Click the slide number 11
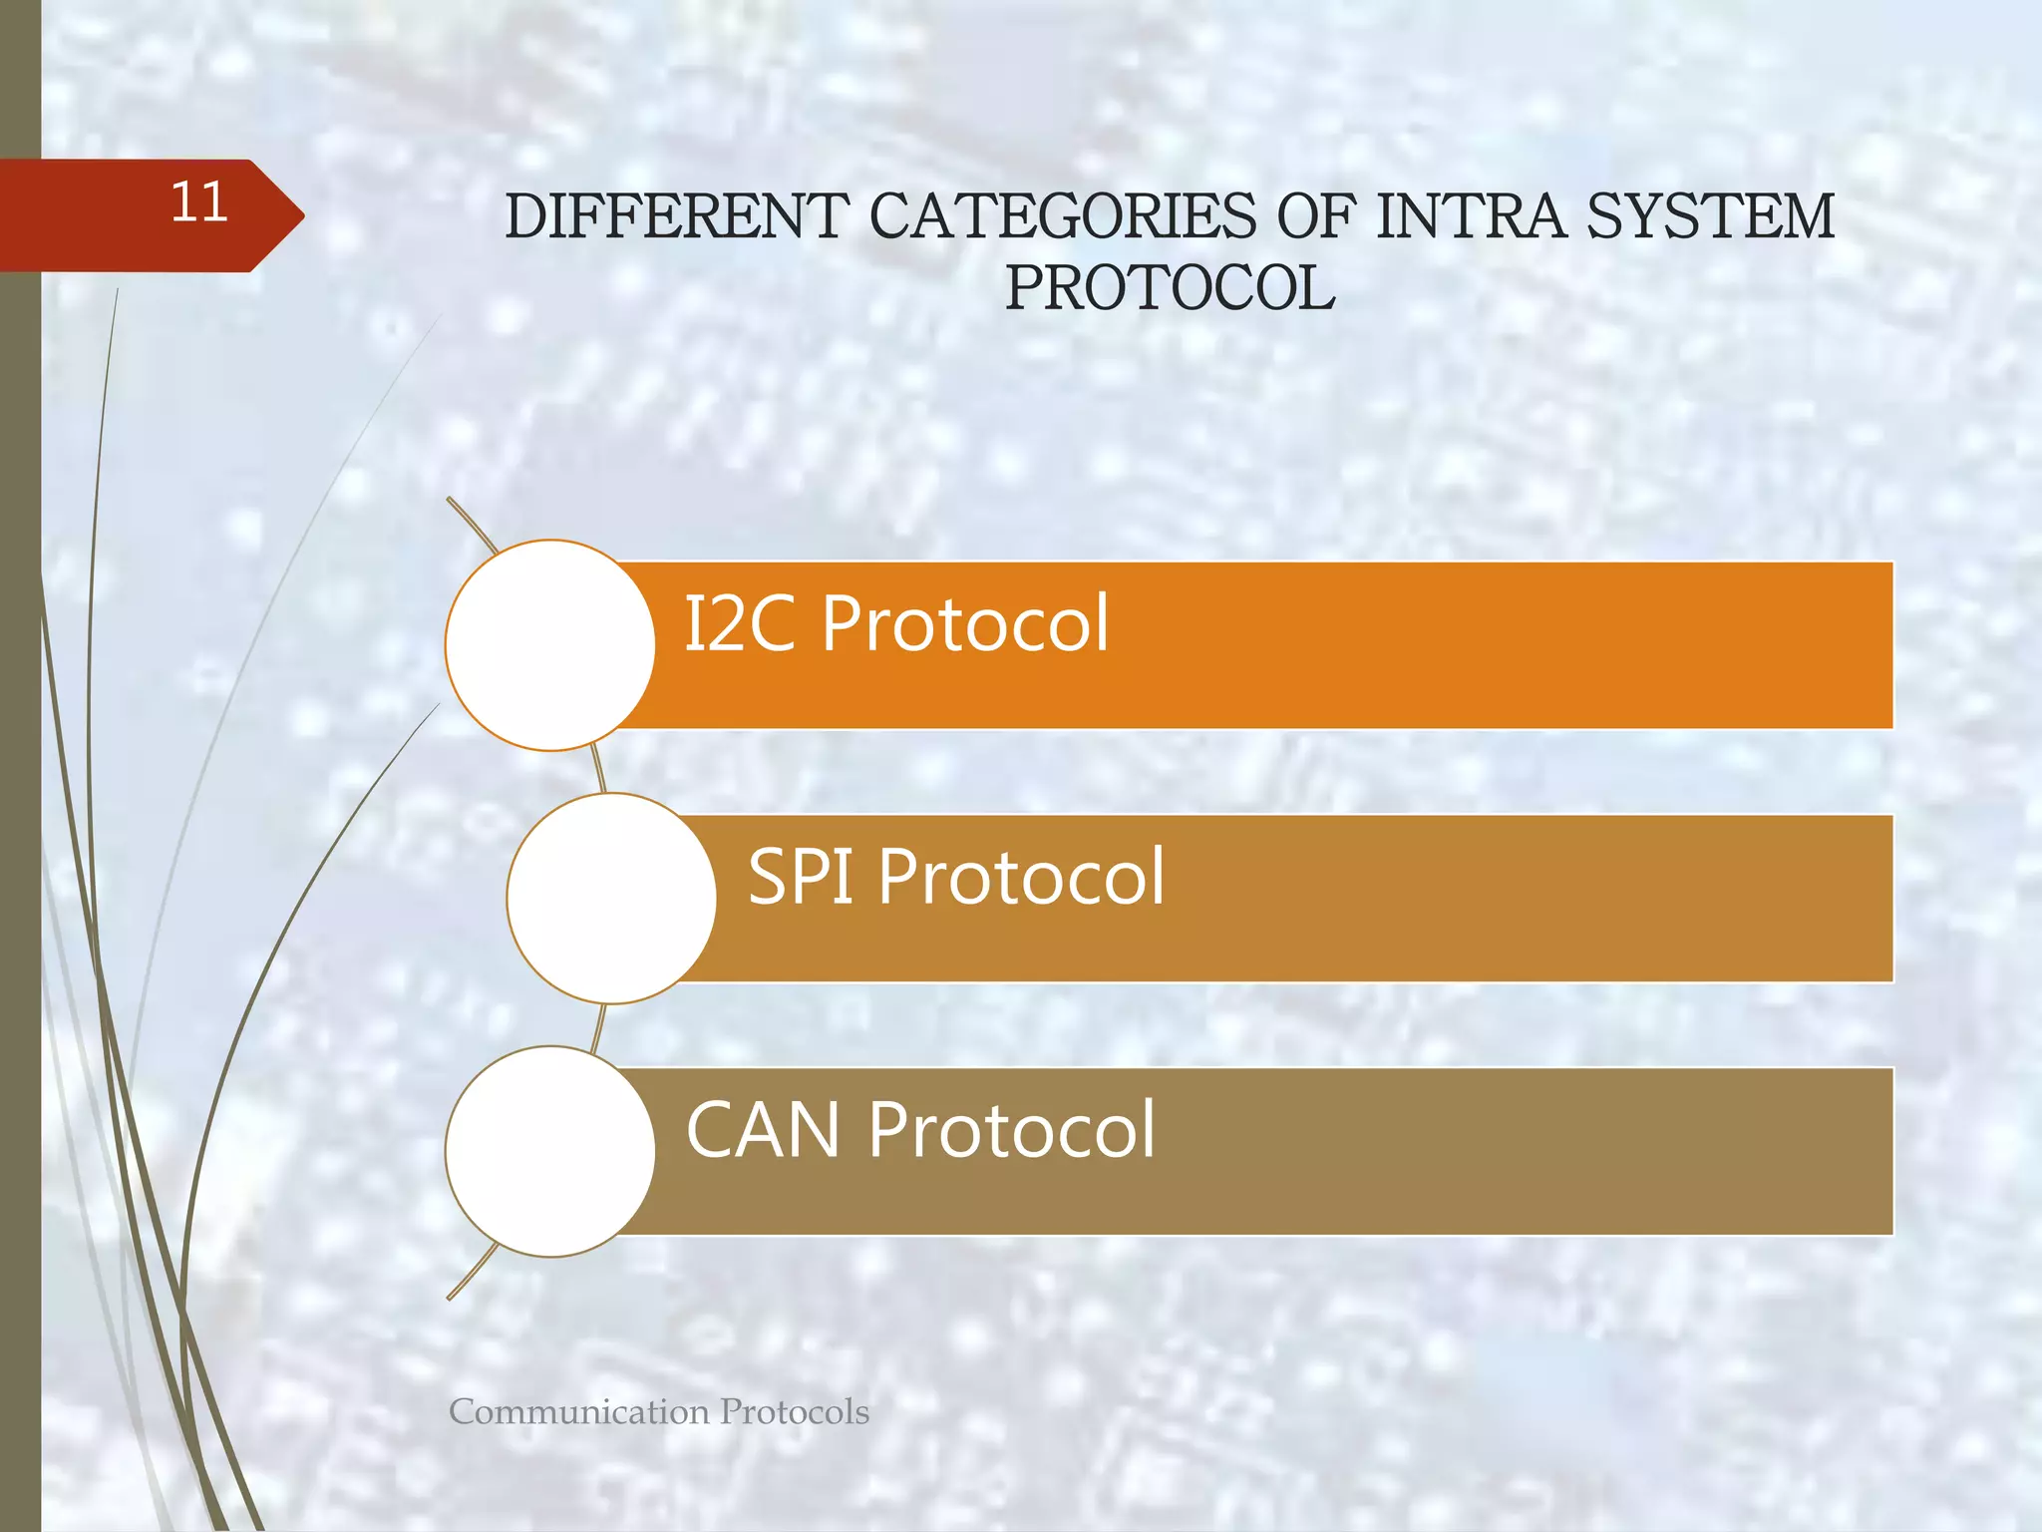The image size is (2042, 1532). click(x=199, y=202)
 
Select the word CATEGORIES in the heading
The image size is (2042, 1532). click(x=1063, y=216)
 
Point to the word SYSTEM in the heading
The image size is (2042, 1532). click(x=1711, y=216)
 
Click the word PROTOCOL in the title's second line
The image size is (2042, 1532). click(x=1170, y=288)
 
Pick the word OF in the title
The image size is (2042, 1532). click(x=1317, y=216)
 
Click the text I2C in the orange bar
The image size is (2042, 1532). click(x=740, y=624)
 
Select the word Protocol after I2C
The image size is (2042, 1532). click(x=965, y=624)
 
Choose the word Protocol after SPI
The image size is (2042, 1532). click(x=1022, y=877)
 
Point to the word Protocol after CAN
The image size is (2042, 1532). click(x=1012, y=1131)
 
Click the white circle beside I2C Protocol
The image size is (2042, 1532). click(x=550, y=645)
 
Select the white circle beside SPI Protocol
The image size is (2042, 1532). click(x=611, y=898)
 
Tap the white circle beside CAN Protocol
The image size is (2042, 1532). click(x=550, y=1151)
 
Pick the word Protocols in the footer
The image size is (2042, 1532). click(x=795, y=1412)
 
